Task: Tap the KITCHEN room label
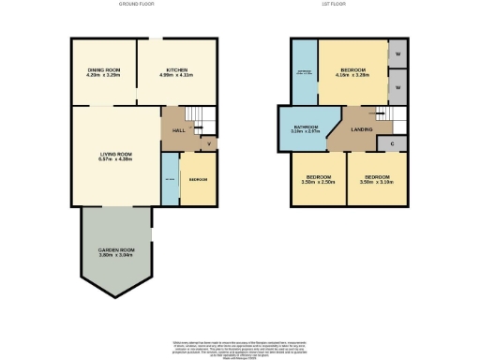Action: (177, 72)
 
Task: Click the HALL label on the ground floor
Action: (178, 130)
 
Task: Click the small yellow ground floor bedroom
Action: (198, 180)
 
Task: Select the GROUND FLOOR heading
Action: (137, 5)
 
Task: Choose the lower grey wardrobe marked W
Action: (398, 87)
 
